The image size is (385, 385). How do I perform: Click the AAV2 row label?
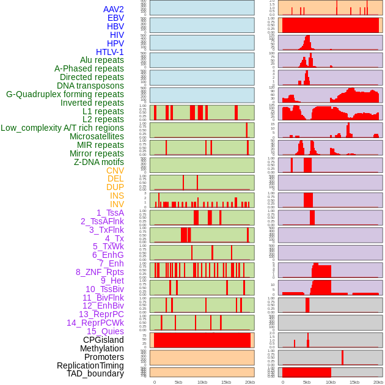coord(114,9)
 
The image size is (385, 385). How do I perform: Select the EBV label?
coord(116,18)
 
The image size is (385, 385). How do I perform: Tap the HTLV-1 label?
coord(110,52)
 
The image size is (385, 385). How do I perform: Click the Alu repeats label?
coord(102,60)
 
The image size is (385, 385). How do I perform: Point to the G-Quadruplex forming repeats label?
coord(65,94)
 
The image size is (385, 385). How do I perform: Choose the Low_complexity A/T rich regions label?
coord(62,128)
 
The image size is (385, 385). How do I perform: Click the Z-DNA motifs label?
coord(99,162)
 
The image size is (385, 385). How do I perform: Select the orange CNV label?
coord(115,170)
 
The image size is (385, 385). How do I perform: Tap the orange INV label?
coord(117,204)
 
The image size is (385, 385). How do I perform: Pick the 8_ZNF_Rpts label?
coord(100,272)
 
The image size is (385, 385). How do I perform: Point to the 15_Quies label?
coord(105,331)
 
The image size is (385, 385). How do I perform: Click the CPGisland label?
coord(103,340)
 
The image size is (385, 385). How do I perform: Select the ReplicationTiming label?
coord(90,365)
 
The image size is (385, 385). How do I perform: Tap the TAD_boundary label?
coord(95,373)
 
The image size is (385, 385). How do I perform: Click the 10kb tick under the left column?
coord(202,382)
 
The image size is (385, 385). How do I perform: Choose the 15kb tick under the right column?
coord(354,382)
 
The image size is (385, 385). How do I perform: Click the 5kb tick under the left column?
coord(178,382)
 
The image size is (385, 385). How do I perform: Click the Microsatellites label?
coord(97,136)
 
